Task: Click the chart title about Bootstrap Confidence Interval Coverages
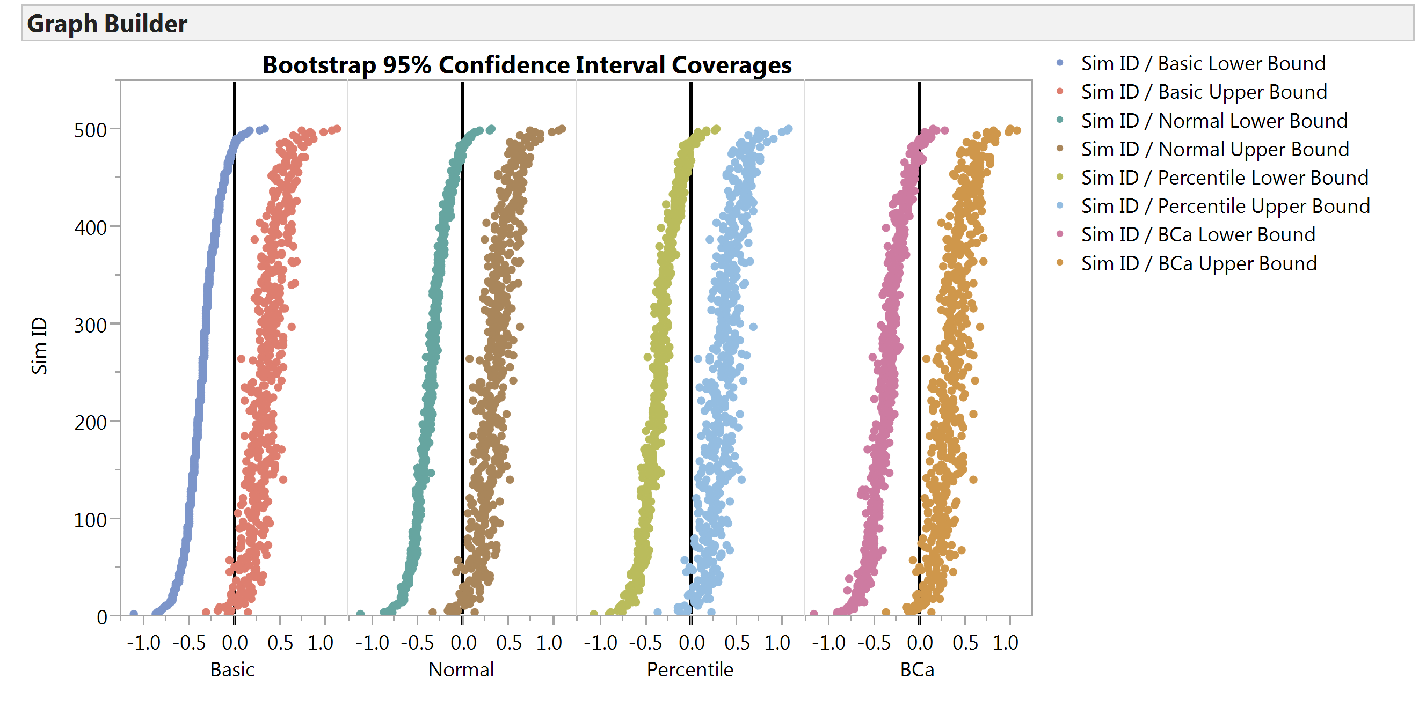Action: point(526,65)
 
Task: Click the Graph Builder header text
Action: point(107,24)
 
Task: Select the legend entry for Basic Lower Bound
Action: point(1203,63)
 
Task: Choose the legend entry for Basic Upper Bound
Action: point(1204,92)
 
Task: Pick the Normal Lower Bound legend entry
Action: point(1213,121)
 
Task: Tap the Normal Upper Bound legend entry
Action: point(1214,149)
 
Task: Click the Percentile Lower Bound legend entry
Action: point(1224,178)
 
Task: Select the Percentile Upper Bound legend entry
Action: point(1225,207)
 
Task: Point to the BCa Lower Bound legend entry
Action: point(1198,235)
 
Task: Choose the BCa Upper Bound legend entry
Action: point(1199,263)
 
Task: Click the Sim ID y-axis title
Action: point(39,345)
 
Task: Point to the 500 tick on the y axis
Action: point(90,130)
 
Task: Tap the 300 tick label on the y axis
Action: point(90,325)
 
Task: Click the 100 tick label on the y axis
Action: point(90,520)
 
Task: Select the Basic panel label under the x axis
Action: point(232,670)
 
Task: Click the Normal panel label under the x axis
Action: point(461,670)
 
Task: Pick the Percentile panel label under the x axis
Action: point(690,670)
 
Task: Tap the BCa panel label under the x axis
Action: point(917,670)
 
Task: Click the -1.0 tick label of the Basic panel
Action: point(144,643)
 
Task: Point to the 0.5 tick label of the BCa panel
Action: point(965,643)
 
